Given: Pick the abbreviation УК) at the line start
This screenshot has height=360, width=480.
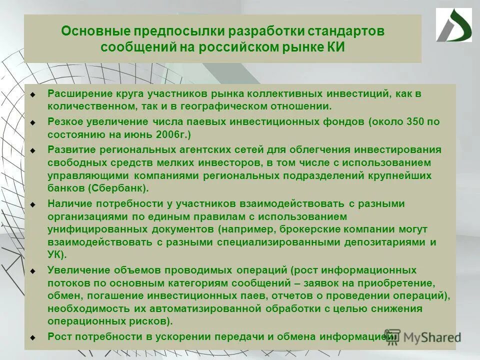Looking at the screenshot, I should (x=57, y=254).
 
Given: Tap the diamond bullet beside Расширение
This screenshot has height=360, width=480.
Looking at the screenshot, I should (x=32, y=94).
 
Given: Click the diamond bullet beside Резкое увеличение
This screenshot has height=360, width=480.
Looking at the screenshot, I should (x=32, y=122).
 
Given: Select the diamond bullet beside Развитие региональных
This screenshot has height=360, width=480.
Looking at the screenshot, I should (x=32, y=150).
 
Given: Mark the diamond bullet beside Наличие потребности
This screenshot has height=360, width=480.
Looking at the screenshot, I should (x=32, y=204).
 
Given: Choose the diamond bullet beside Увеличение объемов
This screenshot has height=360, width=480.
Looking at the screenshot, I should (x=32, y=270).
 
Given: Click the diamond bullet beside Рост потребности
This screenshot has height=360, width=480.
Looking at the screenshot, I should (x=32, y=337).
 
